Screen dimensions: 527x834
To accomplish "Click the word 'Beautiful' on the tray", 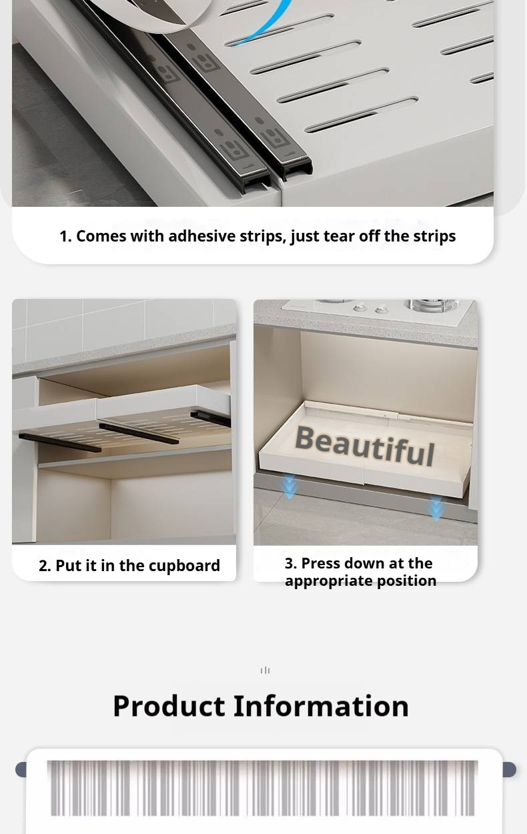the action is (x=365, y=446).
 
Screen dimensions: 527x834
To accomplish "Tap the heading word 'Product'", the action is (x=169, y=706).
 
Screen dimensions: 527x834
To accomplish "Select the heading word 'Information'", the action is (x=321, y=706).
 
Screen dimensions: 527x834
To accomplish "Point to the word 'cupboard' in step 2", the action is (x=186, y=566).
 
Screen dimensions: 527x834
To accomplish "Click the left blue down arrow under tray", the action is (x=289, y=486).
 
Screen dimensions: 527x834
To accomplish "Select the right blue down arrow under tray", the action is (x=436, y=508).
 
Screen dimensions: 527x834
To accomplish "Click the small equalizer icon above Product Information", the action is (x=265, y=671).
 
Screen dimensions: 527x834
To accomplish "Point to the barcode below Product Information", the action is (x=263, y=788).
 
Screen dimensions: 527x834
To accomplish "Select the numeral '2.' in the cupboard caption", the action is (x=45, y=566).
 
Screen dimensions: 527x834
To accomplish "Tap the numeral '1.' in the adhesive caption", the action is (x=65, y=236).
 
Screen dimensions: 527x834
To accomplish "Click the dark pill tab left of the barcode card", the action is (x=21, y=769).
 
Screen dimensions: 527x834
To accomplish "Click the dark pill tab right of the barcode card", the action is (x=509, y=769).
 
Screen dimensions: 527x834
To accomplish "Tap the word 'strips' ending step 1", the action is (x=435, y=237).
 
